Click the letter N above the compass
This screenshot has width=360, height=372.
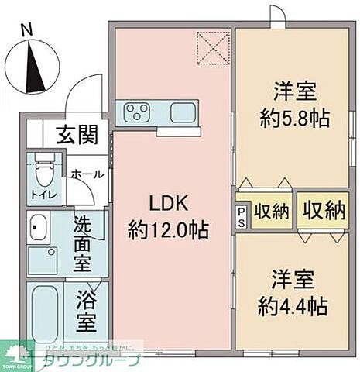pos(27,29)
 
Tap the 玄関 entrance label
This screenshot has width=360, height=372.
pos(77,135)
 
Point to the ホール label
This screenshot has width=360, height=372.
pos(86,175)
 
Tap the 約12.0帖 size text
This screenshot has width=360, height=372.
pos(169,229)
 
